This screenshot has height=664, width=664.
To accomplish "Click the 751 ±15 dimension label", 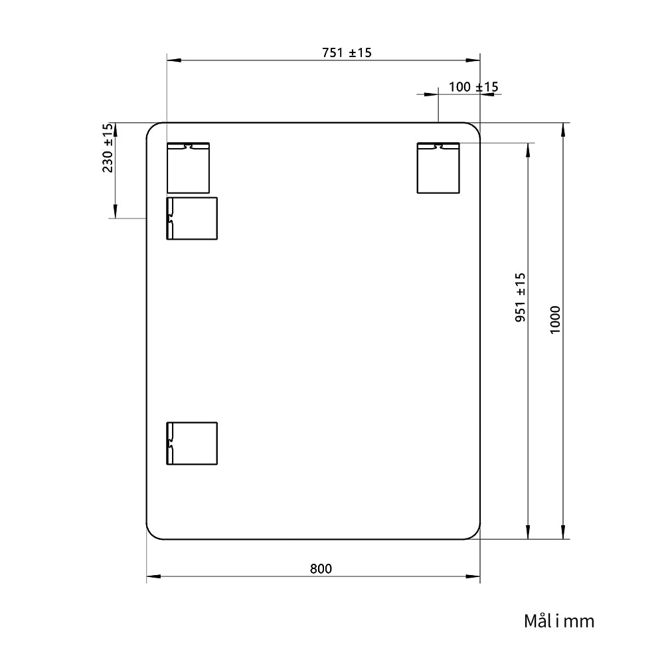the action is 347,53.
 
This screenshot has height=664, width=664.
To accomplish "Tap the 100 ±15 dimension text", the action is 473,87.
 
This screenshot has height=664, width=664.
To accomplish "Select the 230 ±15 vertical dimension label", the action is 108,147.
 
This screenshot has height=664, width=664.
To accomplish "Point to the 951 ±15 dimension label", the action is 521,297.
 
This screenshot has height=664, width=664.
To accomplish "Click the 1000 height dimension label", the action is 555,320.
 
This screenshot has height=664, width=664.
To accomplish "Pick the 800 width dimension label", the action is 321,569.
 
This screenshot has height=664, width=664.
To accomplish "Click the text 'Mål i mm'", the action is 559,622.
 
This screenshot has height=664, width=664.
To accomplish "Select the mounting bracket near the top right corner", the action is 438,168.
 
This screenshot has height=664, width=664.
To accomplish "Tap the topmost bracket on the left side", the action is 188,168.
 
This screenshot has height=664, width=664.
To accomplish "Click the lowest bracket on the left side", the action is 192,444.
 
